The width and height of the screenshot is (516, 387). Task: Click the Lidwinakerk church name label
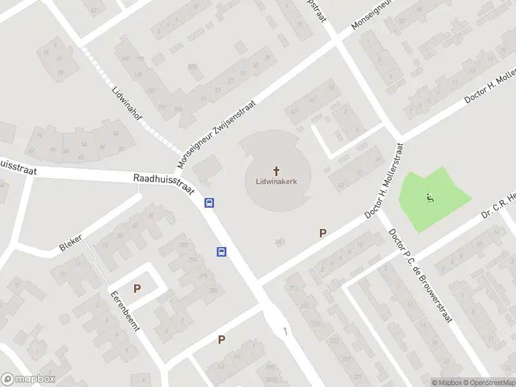pyautogui.click(x=277, y=182)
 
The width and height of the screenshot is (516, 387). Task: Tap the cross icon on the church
pyautogui.click(x=277, y=171)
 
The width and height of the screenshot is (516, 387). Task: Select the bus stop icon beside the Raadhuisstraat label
pyautogui.click(x=209, y=203)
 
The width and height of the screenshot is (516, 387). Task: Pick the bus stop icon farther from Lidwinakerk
pyautogui.click(x=221, y=252)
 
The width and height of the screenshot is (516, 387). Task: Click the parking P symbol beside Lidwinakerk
pyautogui.click(x=322, y=233)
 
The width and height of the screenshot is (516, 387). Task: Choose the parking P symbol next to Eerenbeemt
pyautogui.click(x=137, y=289)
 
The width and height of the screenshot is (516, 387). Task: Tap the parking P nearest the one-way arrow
pyautogui.click(x=221, y=339)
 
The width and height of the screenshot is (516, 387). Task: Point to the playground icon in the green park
pyautogui.click(x=430, y=198)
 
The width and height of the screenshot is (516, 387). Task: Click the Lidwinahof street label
pyautogui.click(x=126, y=105)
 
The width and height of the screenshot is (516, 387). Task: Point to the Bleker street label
pyautogui.click(x=70, y=243)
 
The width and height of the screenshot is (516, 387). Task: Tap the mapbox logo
pyautogui.click(x=28, y=379)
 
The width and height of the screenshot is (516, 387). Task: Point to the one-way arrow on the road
pyautogui.click(x=286, y=331)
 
